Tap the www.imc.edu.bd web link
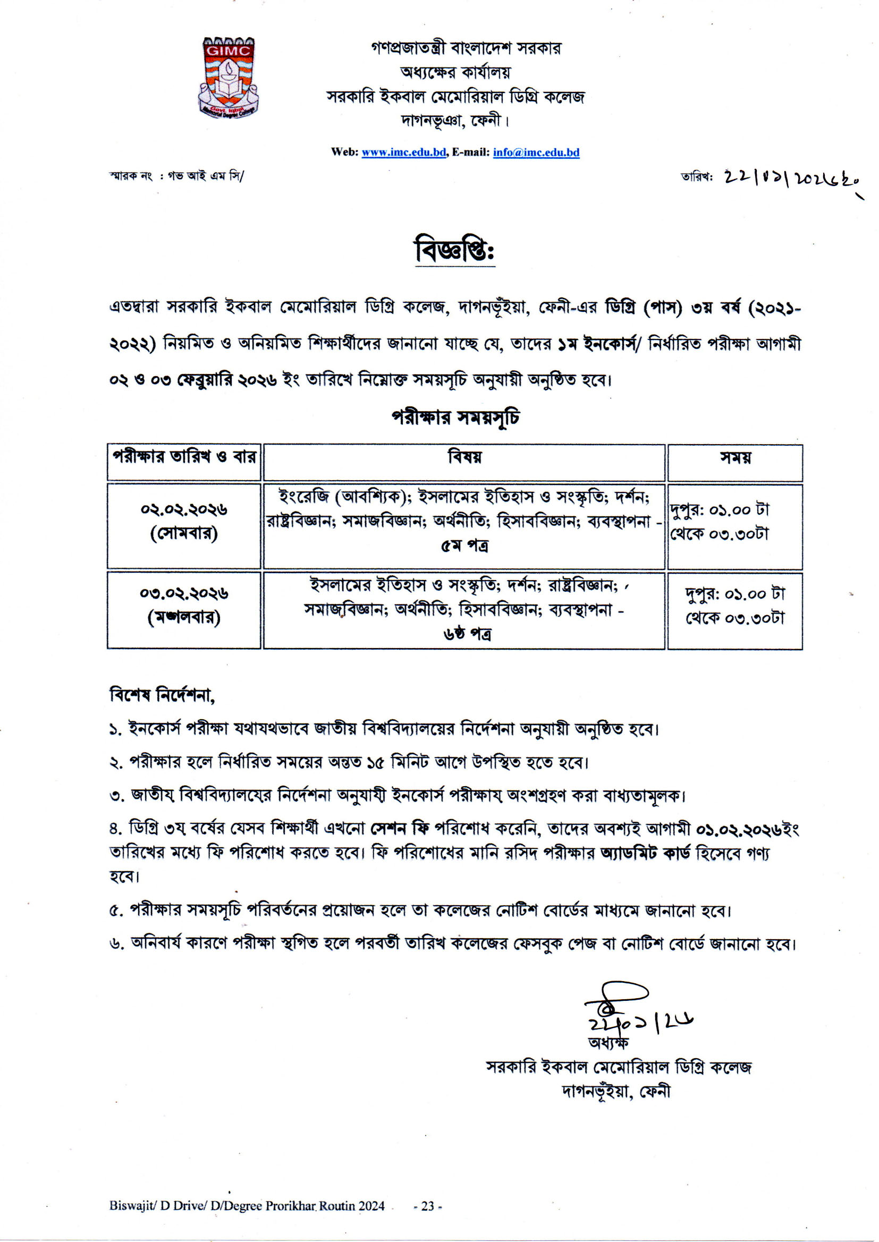(x=403, y=152)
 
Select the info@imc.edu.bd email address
(x=536, y=152)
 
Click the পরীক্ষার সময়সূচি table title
(x=455, y=418)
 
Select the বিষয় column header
(x=464, y=457)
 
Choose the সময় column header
(x=734, y=457)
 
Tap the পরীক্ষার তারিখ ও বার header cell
(x=184, y=457)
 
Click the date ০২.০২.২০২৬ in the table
(x=184, y=510)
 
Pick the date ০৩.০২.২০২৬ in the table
(x=184, y=593)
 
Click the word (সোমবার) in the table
(x=184, y=534)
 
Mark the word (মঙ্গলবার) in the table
(x=184, y=618)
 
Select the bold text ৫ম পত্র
(x=464, y=546)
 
